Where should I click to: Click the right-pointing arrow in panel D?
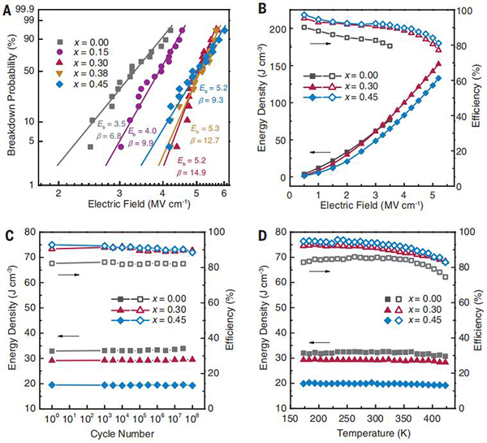pos(320,271)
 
